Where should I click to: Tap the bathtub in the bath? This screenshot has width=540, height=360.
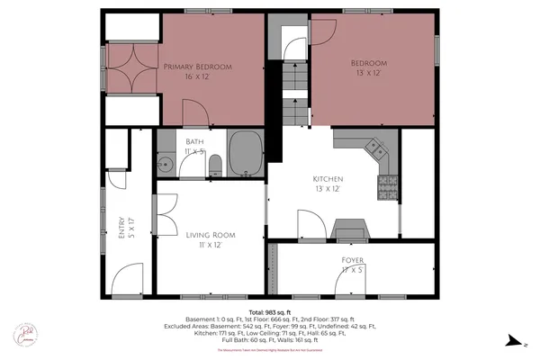point(245,154)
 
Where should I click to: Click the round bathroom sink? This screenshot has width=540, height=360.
point(165,165)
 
